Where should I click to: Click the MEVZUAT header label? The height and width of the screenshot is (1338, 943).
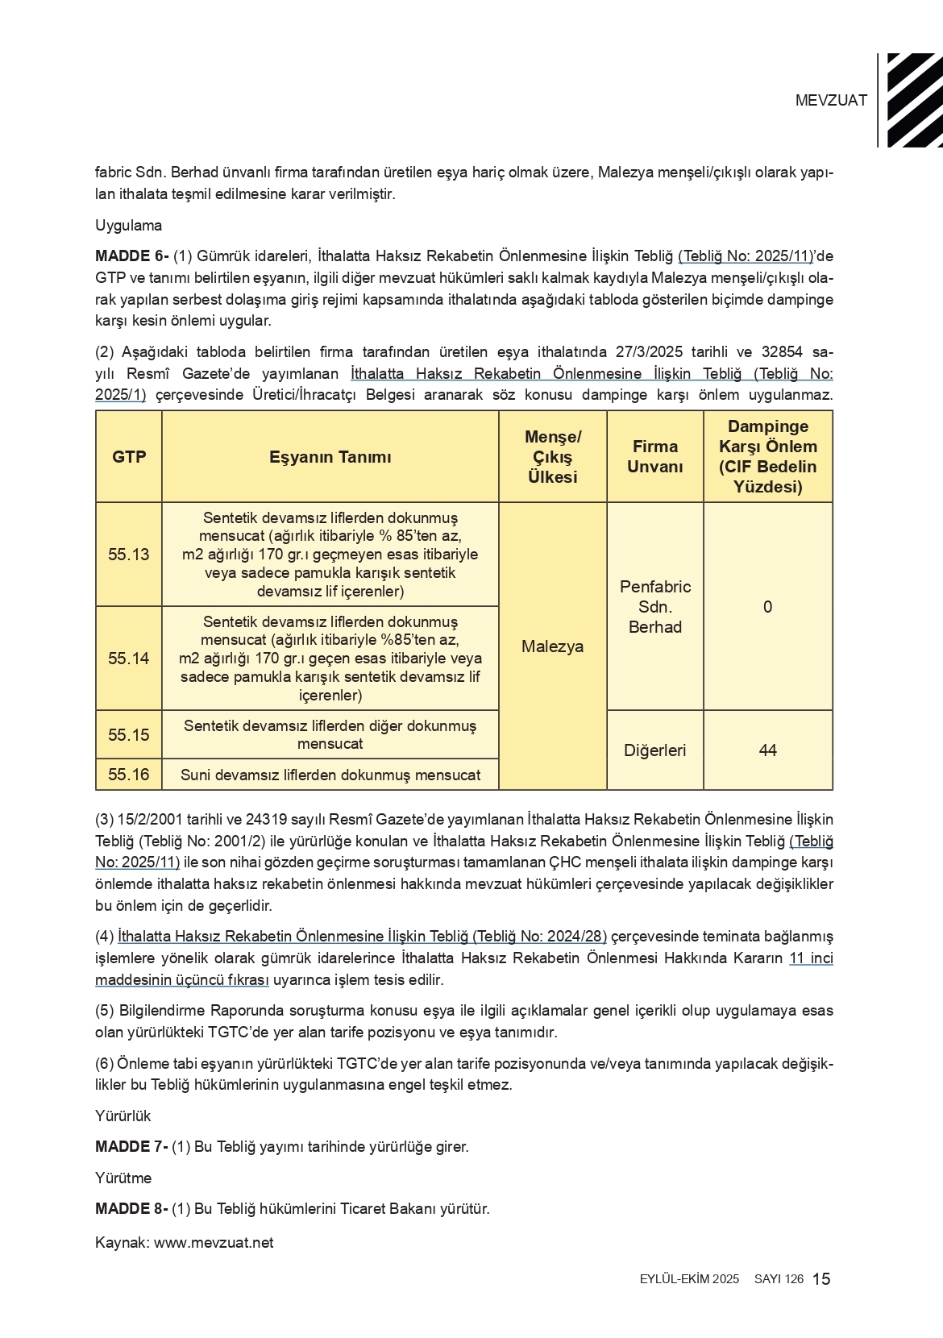831,101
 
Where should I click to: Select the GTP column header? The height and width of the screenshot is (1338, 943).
129,457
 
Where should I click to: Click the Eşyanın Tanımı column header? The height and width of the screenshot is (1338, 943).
330,457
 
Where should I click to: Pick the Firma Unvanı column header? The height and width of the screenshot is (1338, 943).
654,457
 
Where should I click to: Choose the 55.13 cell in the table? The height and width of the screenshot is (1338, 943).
129,555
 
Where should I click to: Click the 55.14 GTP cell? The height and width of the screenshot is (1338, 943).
129,659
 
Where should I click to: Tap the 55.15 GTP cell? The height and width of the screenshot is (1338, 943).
129,735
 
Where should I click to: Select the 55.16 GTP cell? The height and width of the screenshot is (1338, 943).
129,775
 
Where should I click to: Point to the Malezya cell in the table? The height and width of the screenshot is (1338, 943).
552,646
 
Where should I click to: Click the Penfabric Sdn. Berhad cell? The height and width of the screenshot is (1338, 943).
654,607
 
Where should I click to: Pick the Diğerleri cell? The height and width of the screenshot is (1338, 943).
654,750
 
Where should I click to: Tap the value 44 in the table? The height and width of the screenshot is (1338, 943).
767,750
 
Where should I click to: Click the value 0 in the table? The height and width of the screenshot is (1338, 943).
767,607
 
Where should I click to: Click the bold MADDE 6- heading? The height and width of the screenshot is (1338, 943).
131,257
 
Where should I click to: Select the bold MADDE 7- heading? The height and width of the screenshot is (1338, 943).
131,1147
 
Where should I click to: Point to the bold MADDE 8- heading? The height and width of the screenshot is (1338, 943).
131,1209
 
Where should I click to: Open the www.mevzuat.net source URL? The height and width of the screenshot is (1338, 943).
214,1243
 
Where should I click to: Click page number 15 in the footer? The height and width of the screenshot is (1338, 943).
821,1279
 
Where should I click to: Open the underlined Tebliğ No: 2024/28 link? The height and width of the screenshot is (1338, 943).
362,937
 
